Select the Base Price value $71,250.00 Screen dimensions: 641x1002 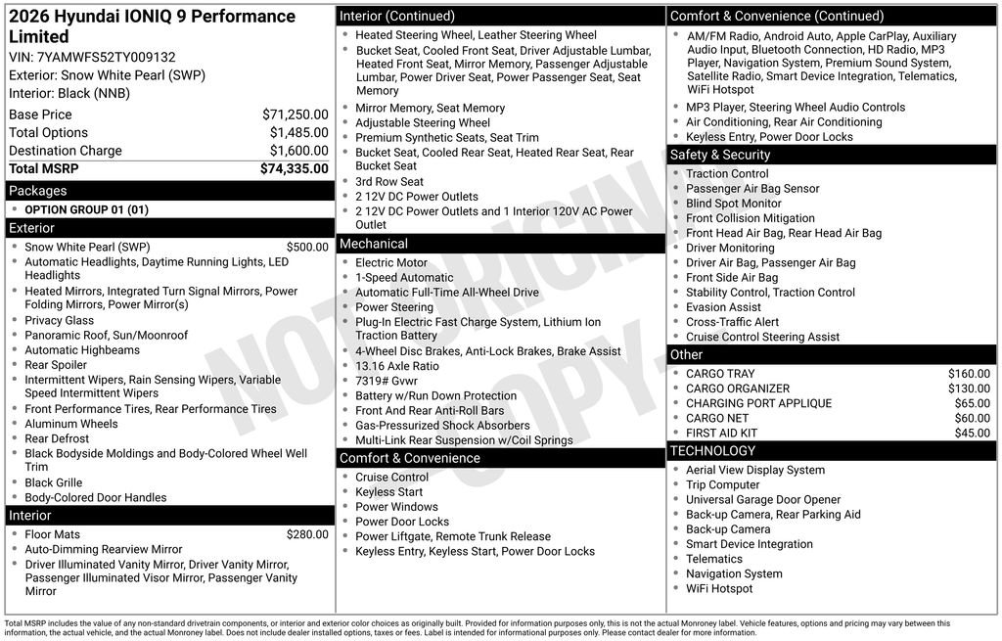click(x=295, y=114)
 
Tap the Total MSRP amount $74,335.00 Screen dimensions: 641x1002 click(x=294, y=168)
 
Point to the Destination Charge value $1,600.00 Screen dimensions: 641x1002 click(x=298, y=151)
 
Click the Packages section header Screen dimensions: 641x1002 click(x=38, y=191)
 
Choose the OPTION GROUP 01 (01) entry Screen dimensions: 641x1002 click(x=86, y=209)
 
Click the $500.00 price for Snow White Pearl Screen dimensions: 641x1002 click(x=307, y=248)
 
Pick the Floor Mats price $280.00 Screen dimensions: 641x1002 click(x=307, y=534)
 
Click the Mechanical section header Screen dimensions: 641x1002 click(x=374, y=244)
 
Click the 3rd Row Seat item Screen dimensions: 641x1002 click(x=389, y=182)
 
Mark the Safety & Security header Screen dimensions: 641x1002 click(x=720, y=155)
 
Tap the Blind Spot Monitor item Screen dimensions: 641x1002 click(x=734, y=204)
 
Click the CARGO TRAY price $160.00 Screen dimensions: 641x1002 click(x=969, y=374)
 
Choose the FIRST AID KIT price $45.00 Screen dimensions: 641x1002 click(x=972, y=433)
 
